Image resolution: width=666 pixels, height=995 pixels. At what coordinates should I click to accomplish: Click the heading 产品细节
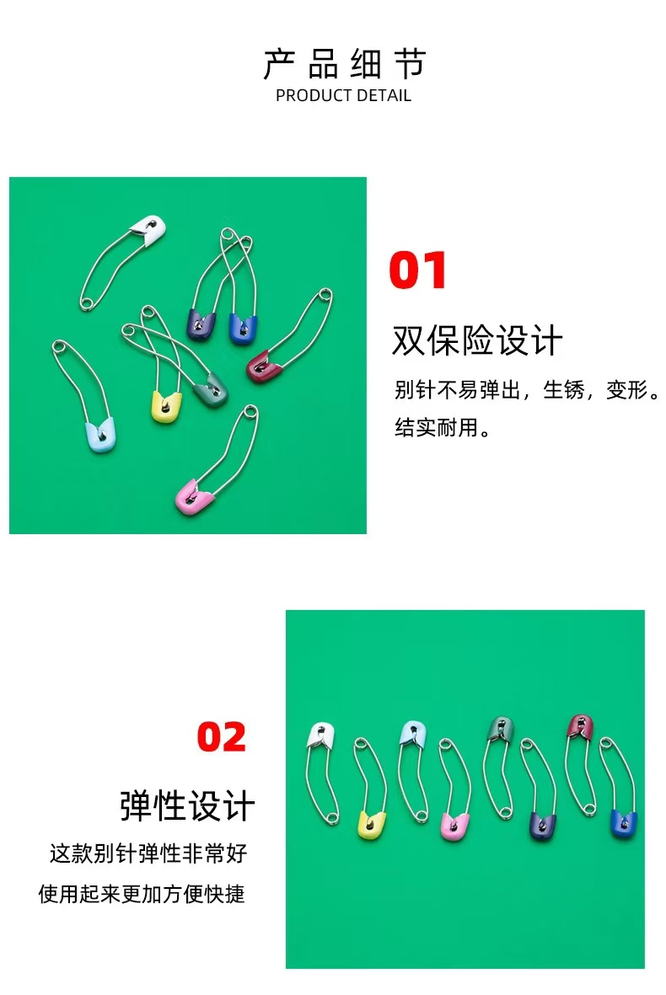click(x=344, y=64)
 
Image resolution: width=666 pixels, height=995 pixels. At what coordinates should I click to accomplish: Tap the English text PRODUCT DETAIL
click(x=343, y=95)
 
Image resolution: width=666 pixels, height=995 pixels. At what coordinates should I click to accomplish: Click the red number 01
click(x=418, y=270)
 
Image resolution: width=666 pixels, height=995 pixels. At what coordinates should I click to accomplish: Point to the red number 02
click(x=222, y=737)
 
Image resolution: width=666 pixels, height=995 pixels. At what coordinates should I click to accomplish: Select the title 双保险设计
click(x=476, y=341)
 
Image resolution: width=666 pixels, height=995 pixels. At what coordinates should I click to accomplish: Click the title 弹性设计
click(x=186, y=805)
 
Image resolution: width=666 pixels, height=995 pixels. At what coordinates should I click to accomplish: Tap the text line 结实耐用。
click(x=442, y=427)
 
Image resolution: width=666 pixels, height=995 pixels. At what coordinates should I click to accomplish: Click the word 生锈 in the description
click(x=563, y=390)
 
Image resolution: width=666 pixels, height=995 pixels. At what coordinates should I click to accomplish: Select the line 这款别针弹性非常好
click(x=148, y=853)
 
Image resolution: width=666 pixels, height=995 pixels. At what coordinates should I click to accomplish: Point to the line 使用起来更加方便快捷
click(x=142, y=893)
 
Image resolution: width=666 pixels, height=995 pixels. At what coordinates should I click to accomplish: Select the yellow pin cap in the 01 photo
click(x=165, y=406)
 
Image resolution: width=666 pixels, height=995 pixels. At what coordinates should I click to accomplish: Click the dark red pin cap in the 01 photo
click(x=265, y=366)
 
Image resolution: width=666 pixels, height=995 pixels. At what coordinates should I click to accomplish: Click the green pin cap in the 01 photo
click(x=211, y=389)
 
